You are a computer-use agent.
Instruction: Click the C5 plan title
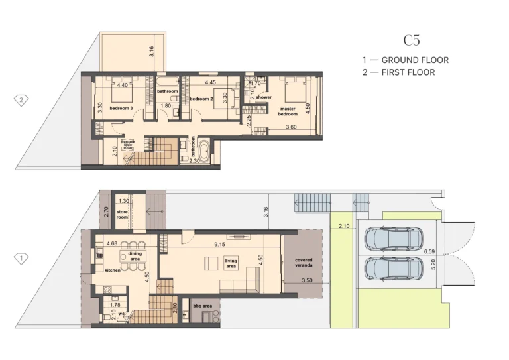[411, 40]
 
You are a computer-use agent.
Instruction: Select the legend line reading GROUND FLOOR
[405, 60]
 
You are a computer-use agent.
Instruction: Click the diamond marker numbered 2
[22, 101]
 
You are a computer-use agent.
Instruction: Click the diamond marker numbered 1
[22, 258]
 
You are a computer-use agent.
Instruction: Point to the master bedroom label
[288, 111]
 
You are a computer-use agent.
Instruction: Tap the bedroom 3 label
[122, 108]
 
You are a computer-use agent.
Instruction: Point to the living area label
[231, 263]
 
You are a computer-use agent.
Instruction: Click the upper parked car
[394, 239]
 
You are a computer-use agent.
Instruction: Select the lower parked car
[394, 269]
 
